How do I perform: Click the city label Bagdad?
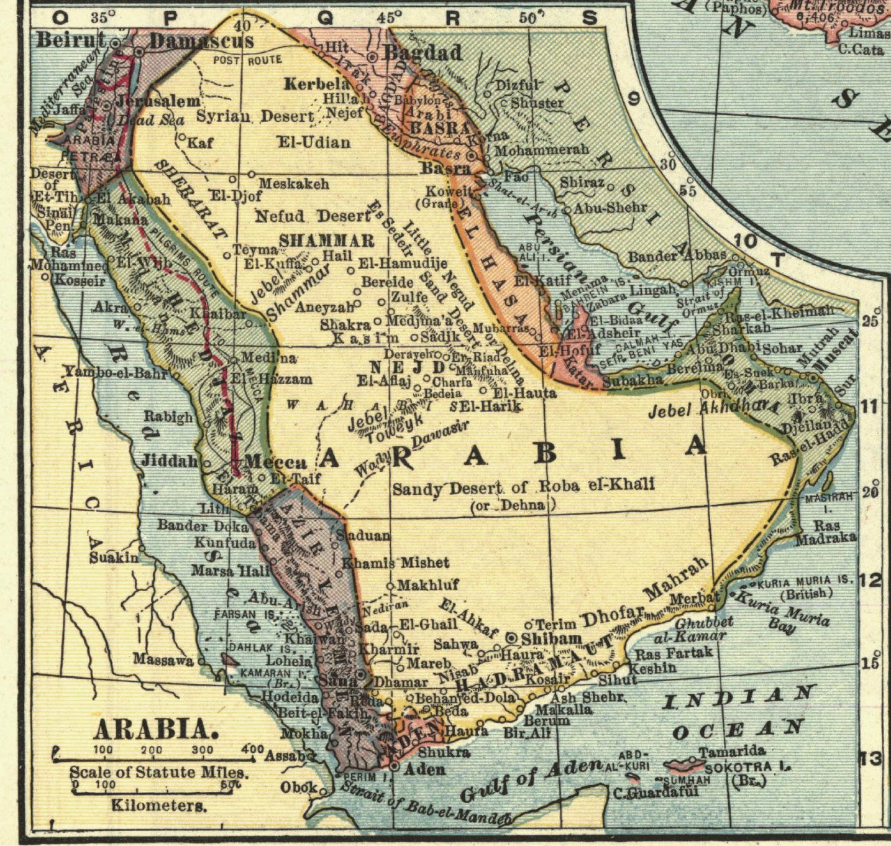tap(423, 53)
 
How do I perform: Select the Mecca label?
tap(275, 462)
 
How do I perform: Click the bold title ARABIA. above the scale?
tap(156, 729)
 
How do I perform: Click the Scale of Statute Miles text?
tap(158, 773)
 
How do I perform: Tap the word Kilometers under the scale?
tap(158, 806)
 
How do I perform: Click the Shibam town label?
tap(552, 638)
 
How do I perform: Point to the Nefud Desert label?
tap(313, 216)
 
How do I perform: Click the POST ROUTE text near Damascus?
tap(247, 60)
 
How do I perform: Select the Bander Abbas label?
tap(677, 255)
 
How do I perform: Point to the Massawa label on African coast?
tap(163, 660)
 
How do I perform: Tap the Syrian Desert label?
tap(255, 116)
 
